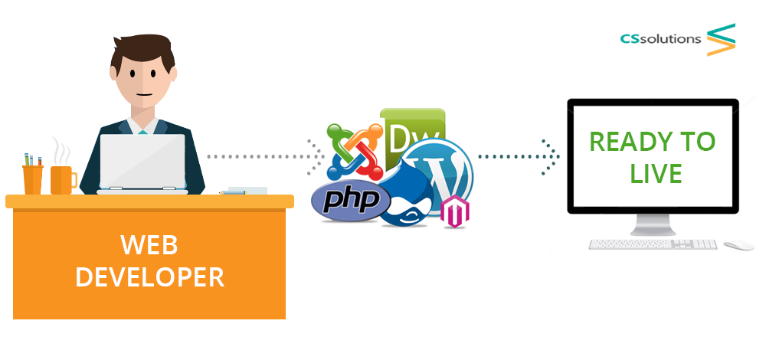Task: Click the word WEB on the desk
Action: [149, 244]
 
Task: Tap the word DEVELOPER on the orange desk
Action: [149, 277]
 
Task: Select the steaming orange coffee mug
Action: [63, 180]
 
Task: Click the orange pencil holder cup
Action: [33, 179]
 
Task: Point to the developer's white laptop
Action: [142, 163]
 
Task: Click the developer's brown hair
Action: [142, 51]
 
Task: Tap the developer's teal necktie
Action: [142, 132]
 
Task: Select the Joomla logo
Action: [355, 152]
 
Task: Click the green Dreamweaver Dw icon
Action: [413, 134]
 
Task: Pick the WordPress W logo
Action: [438, 174]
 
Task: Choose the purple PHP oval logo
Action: [351, 201]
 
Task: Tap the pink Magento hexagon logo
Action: [454, 211]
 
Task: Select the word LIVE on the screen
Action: [656, 173]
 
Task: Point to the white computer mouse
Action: [738, 244]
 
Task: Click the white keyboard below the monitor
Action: [653, 244]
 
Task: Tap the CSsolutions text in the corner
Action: [660, 38]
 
